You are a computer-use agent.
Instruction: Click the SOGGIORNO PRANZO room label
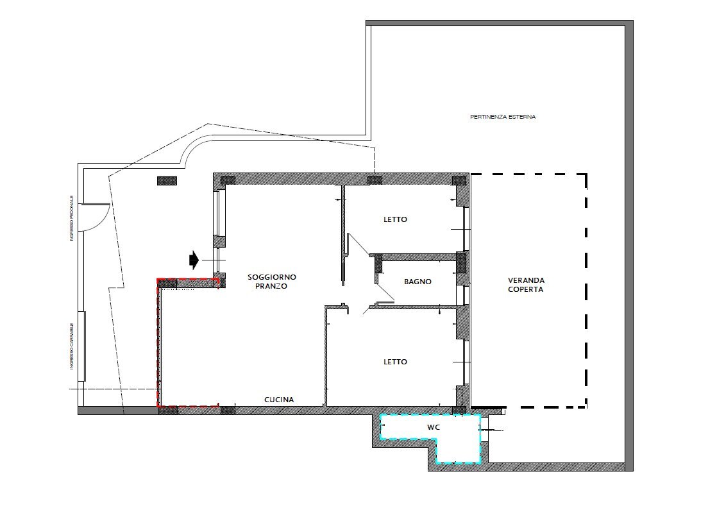pos(272,282)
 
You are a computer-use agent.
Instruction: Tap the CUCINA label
pos(279,399)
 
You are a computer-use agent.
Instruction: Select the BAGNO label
pos(418,282)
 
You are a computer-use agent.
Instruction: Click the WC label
pos(434,427)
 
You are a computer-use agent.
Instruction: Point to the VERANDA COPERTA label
pos(526,285)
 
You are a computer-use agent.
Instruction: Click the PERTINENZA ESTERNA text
pos(503,117)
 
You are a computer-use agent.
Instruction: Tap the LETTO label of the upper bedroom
pos(395,219)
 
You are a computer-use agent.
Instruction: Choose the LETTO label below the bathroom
pos(395,362)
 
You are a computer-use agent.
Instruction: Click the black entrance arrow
pos(194,260)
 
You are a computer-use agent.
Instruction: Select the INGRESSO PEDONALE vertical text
pos(71,219)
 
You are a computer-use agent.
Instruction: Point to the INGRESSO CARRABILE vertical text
pos(71,346)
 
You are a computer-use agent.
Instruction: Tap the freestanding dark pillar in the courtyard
pos(167,181)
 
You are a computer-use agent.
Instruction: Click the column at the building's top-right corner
pos(459,180)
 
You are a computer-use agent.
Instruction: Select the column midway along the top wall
pos(375,180)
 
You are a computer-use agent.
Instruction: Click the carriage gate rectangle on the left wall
pos(82,346)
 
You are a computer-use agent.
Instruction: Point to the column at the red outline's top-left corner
pos(167,283)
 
